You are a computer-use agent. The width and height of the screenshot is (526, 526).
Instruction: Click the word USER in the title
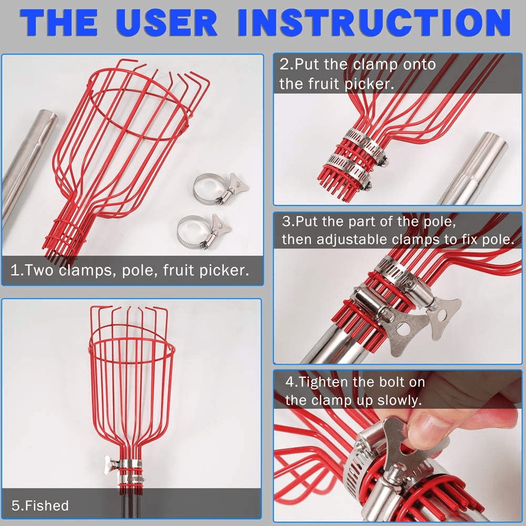[x=167, y=22]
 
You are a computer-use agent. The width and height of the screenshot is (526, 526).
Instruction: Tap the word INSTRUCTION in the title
[x=374, y=22]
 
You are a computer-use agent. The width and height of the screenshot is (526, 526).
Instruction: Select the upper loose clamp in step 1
[x=220, y=188]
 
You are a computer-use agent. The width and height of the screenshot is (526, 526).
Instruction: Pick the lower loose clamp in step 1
[x=203, y=231]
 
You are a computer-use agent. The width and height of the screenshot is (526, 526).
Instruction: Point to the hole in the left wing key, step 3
[x=401, y=329]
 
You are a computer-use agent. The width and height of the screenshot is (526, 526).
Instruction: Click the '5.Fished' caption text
[x=40, y=506]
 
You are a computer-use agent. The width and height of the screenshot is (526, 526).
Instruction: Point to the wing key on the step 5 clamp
[x=111, y=465]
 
